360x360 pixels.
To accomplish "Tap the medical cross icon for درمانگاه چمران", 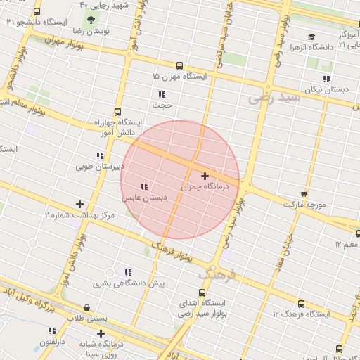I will pyautogui.click(x=205, y=176).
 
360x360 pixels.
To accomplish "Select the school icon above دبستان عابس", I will pyautogui.click(x=144, y=186).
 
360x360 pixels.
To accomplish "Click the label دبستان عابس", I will pyautogui.click(x=146, y=198).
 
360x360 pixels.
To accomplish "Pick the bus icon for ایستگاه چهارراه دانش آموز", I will pyautogui.click(x=117, y=111).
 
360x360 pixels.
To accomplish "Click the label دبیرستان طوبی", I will pyautogui.click(x=103, y=167).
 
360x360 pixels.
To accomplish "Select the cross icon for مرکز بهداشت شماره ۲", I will pyautogui.click(x=79, y=204).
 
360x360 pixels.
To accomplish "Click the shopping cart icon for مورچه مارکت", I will pyautogui.click(x=304, y=193).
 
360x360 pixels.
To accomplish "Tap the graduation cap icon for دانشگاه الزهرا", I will pyautogui.click(x=311, y=37).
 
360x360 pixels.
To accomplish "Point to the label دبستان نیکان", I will pyautogui.click(x=328, y=90).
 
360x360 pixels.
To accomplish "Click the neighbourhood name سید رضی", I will pyautogui.click(x=274, y=98).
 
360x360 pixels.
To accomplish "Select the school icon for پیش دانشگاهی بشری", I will pyautogui.click(x=127, y=271).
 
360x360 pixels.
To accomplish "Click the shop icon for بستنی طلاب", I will pyautogui.click(x=86, y=307).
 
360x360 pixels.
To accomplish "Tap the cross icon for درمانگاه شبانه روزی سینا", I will pyautogui.click(x=101, y=333).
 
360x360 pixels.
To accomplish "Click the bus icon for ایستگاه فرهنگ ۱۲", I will pyautogui.click(x=301, y=304).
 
